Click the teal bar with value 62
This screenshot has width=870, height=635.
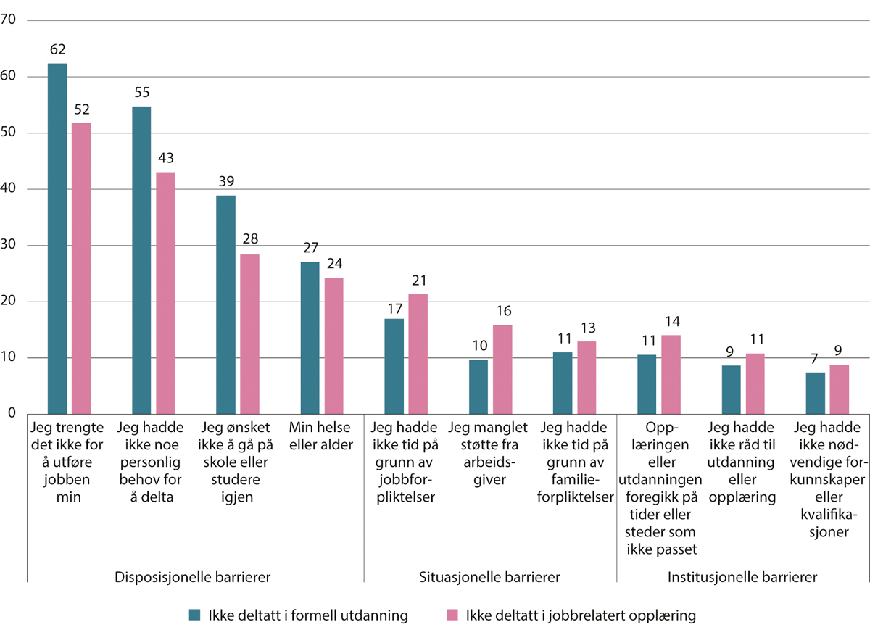click(x=57, y=238)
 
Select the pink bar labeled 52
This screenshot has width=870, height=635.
click(x=81, y=268)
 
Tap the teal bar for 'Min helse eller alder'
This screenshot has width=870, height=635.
click(x=310, y=338)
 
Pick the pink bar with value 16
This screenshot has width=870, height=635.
click(x=502, y=369)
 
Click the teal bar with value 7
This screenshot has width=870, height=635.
click(x=816, y=393)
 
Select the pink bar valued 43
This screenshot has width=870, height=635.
click(x=165, y=293)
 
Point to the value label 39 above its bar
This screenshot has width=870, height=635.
click(x=225, y=181)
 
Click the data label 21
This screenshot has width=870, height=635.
click(x=418, y=281)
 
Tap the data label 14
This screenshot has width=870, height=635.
click(x=671, y=321)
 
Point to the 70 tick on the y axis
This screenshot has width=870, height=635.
click(x=9, y=20)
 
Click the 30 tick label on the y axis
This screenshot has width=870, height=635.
click(x=9, y=246)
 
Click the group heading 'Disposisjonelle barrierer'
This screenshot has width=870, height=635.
click(x=193, y=578)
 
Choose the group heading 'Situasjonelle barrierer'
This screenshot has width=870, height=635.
click(x=490, y=578)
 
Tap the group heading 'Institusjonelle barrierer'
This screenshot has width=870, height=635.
click(x=742, y=578)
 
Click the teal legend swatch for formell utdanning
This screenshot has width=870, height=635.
click(x=194, y=615)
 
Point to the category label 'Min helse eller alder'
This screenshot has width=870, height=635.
click(x=321, y=434)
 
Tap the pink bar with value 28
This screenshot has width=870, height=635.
click(x=249, y=334)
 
